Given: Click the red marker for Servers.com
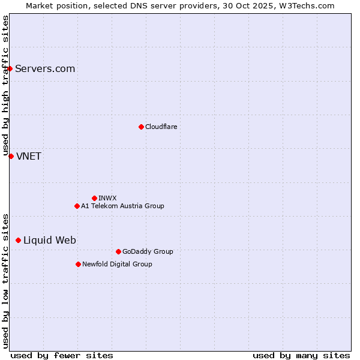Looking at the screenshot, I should coord(10,68).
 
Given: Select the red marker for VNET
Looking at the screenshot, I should coord(11,156).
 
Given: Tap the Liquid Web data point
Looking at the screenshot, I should coord(18,240).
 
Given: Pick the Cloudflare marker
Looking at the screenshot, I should coord(141,127).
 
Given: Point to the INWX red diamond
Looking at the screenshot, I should coord(94,198).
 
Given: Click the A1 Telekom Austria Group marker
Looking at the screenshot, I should coord(77,206).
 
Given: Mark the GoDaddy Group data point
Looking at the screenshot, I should coord(118,251).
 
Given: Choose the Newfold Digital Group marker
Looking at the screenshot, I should coord(78,264).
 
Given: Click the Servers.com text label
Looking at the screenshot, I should coord(45,68).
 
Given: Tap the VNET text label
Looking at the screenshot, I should coord(29,157).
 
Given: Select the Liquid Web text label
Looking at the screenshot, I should coord(50,241).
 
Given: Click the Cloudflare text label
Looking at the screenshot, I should coord(161,127).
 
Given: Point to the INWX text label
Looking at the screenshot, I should coord(108,198).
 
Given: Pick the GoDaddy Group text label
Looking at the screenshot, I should coord(148,251).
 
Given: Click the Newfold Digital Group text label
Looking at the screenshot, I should coord(117,264).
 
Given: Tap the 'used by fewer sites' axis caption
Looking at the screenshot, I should coord(62,355).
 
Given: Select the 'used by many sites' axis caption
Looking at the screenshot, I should coord(301,355).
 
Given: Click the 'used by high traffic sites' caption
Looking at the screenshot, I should coord(5,86).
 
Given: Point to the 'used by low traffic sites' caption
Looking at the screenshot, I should coord(5,280).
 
